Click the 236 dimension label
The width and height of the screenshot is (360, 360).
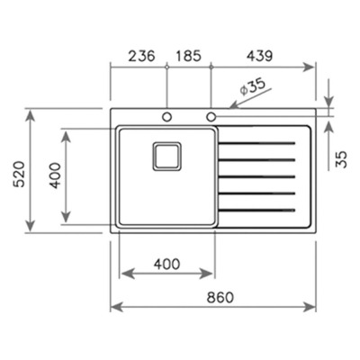pos(141,56)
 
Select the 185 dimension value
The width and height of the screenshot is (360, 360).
pos(188,56)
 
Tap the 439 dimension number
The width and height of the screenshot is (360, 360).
pos(259,56)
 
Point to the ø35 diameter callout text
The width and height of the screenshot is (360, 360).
pos(253,86)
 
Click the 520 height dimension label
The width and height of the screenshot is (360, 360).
pos(20,174)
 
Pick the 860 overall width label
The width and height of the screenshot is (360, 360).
pos(220,297)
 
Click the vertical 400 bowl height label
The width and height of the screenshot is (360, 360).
pos(55,175)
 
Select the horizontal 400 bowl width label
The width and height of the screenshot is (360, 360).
pos(166,264)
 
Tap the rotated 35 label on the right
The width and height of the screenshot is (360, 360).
pos(341,159)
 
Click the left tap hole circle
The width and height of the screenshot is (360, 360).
pos(166,117)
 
